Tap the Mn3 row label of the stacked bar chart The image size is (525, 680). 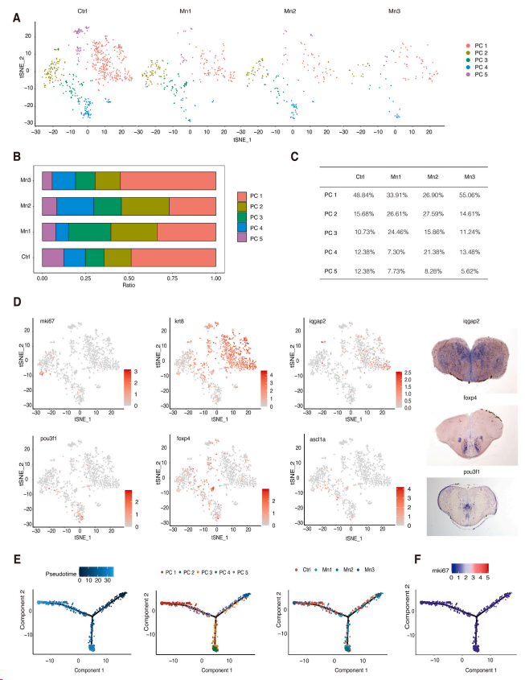(x=27, y=182)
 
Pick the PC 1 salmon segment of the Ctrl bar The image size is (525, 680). (x=173, y=257)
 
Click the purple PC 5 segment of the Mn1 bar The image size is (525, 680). (x=48, y=233)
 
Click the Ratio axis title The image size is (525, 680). (x=129, y=282)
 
